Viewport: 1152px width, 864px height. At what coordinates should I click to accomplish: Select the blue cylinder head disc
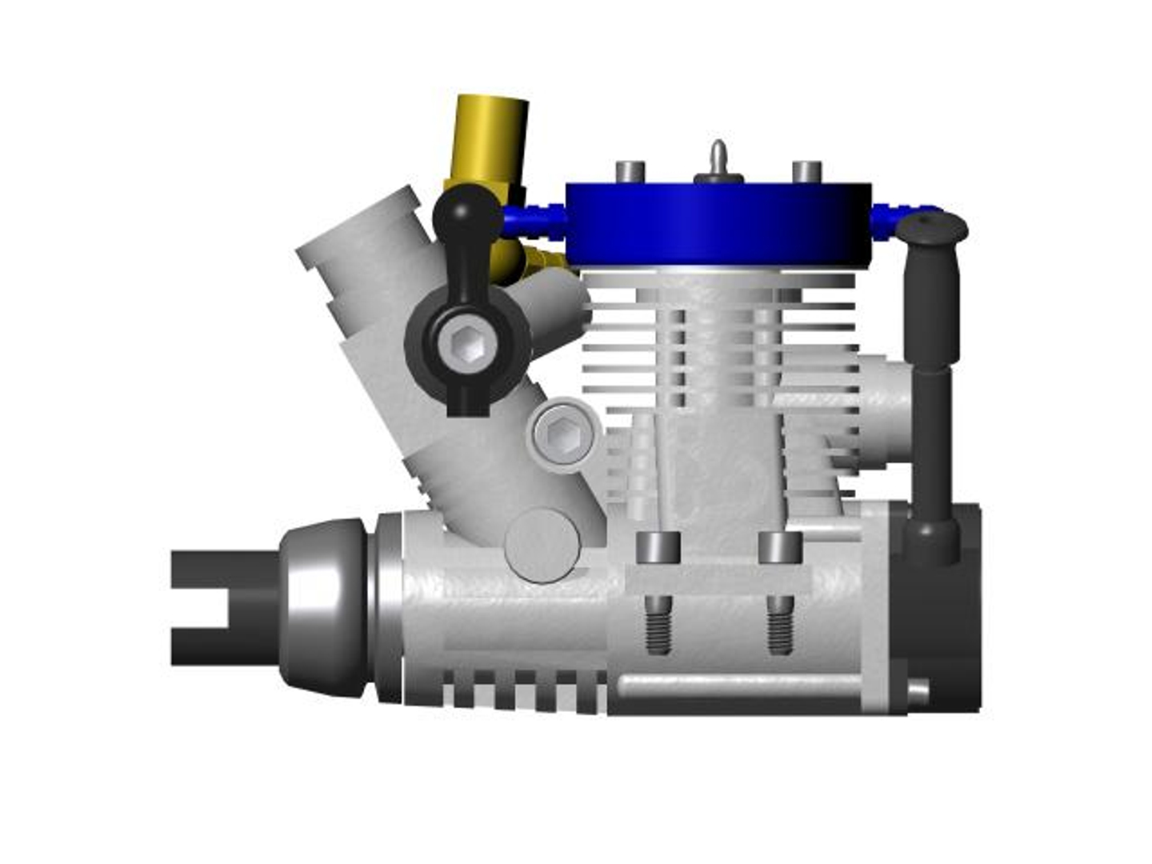[x=718, y=223]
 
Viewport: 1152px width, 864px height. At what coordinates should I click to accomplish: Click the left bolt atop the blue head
[x=630, y=171]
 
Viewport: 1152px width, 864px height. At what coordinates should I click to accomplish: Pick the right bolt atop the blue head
[x=806, y=171]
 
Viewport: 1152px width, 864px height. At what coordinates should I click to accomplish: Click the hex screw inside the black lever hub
[x=466, y=344]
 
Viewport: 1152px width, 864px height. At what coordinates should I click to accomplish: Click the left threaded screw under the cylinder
[x=658, y=625]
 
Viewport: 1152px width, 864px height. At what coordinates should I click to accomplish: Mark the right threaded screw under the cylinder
[x=779, y=625]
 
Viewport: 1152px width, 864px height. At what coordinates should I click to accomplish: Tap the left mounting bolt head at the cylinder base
[x=658, y=548]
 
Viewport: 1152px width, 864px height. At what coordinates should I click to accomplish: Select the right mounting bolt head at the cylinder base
[x=779, y=548]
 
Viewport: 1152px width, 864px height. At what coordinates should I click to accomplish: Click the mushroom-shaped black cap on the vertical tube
[x=931, y=226]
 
